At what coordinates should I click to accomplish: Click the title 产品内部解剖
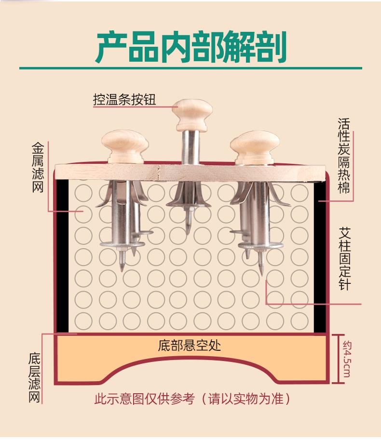tap(191, 47)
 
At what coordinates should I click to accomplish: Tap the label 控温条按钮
tap(124, 99)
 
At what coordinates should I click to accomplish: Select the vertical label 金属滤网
tap(38, 168)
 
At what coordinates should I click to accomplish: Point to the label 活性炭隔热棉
tap(344, 156)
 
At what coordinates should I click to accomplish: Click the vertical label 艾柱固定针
tap(345, 259)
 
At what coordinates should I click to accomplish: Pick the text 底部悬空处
tap(189, 346)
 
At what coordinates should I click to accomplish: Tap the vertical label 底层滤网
tap(35, 378)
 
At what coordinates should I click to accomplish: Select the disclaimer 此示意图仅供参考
tap(145, 399)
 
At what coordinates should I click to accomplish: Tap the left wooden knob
tap(125, 147)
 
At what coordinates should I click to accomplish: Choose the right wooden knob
tap(255, 147)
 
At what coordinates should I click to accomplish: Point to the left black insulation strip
tap(62, 255)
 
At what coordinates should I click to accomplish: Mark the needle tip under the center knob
tap(188, 233)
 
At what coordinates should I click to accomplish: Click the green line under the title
tap(190, 68)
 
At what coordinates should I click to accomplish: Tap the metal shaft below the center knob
tap(190, 147)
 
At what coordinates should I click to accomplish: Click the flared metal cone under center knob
tap(189, 195)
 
